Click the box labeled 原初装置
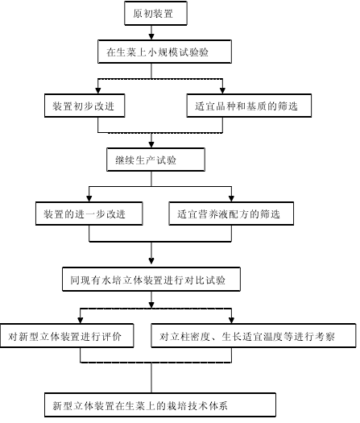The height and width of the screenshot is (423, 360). tap(155, 13)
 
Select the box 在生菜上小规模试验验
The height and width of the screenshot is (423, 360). tap(164, 52)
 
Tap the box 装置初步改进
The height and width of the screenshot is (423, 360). tap(85, 106)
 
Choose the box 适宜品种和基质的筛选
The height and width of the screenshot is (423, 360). tap(249, 106)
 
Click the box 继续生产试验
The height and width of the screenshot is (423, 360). tap(155, 160)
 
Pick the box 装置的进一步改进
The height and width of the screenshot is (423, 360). tap(89, 214)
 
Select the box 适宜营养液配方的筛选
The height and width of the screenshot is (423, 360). tap(231, 214)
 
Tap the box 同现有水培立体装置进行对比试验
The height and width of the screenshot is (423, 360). tap(151, 280)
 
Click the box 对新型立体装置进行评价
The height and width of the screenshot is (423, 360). tap(67, 336)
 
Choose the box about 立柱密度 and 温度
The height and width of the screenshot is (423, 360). tap(253, 336)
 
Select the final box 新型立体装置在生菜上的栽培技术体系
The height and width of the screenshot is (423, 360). tap(160, 404)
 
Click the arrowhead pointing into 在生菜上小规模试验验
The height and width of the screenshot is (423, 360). tap(151, 37)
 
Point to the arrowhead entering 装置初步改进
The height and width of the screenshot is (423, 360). tap(98, 90)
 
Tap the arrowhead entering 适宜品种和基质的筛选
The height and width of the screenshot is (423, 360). tap(222, 90)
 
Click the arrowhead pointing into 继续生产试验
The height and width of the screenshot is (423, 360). tap(151, 144)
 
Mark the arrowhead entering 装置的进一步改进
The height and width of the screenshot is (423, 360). tap(89, 198)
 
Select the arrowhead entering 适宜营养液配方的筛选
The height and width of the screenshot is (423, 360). tap(231, 198)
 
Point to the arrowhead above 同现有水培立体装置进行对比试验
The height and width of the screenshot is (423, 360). tap(151, 261)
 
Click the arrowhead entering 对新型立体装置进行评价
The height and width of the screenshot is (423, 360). tap(80, 320)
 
